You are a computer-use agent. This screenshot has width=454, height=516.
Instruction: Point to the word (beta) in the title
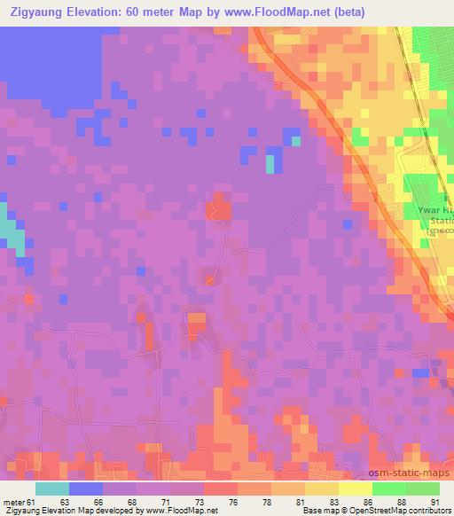pos(346,12)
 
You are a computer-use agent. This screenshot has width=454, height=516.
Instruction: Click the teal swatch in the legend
pos(53,489)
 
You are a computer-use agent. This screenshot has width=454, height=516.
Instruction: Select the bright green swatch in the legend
pos(389,489)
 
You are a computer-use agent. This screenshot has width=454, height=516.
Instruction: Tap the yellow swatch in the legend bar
pos(356,489)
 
